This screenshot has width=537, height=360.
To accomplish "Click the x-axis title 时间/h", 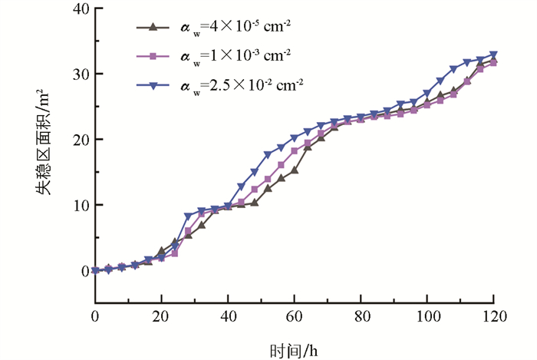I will [294, 350].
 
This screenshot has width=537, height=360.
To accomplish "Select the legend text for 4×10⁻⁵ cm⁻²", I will [234, 28].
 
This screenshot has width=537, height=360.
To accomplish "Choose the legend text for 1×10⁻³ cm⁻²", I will [234, 56].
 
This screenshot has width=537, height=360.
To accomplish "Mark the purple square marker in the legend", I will [153, 56].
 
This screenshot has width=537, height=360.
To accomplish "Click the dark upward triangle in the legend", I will [153, 28].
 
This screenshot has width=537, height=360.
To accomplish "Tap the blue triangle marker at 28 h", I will [188, 216].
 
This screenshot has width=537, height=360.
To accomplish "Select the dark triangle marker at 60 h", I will [294, 170].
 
